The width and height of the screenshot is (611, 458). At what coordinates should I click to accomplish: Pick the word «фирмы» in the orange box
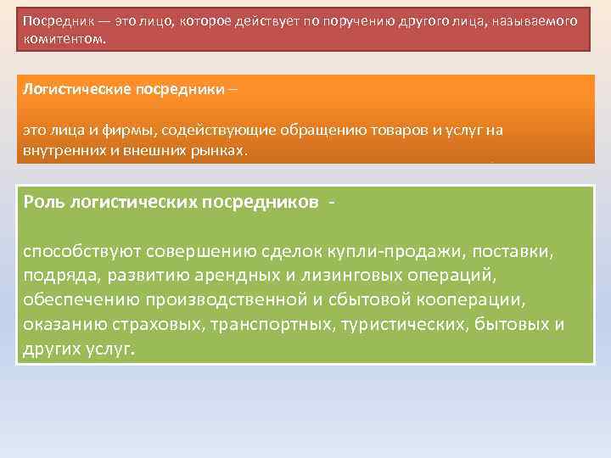[108, 130]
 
